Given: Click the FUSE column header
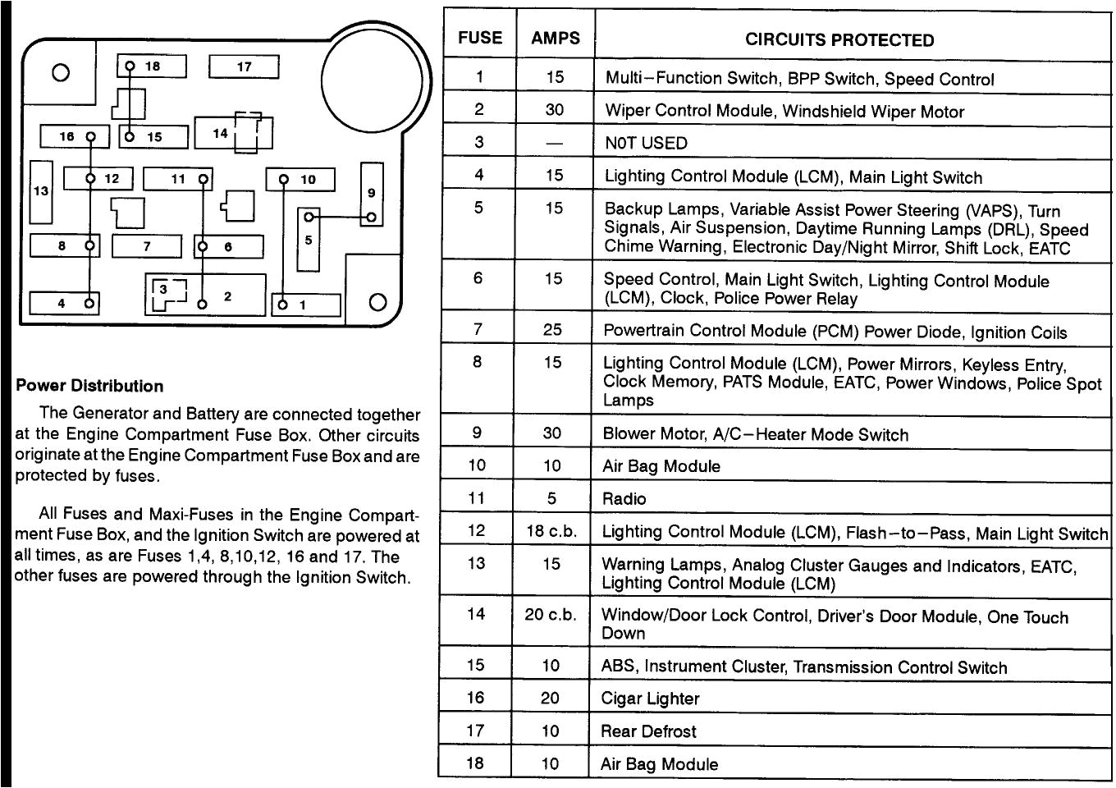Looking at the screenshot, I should click(x=480, y=38).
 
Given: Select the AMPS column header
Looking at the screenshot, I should click(x=555, y=38).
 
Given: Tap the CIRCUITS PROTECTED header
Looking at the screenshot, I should click(x=839, y=40).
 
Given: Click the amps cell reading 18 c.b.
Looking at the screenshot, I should click(x=551, y=531).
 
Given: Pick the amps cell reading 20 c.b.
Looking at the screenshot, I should click(x=551, y=614).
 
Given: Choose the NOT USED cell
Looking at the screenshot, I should click(x=646, y=143).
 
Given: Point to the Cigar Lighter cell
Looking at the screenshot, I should click(x=650, y=699).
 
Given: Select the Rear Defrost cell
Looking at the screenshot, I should click(x=648, y=731).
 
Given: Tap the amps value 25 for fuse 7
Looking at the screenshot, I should click(x=552, y=329).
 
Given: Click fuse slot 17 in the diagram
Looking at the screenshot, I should click(x=244, y=66).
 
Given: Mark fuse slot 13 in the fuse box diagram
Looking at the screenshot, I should click(x=41, y=191).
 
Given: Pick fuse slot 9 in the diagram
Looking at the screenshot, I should click(x=372, y=193).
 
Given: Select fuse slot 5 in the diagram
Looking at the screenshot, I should click(x=309, y=241).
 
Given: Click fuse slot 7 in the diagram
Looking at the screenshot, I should click(x=147, y=246).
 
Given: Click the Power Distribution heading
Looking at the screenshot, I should click(x=89, y=386).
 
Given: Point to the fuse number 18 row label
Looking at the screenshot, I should click(x=474, y=763).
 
